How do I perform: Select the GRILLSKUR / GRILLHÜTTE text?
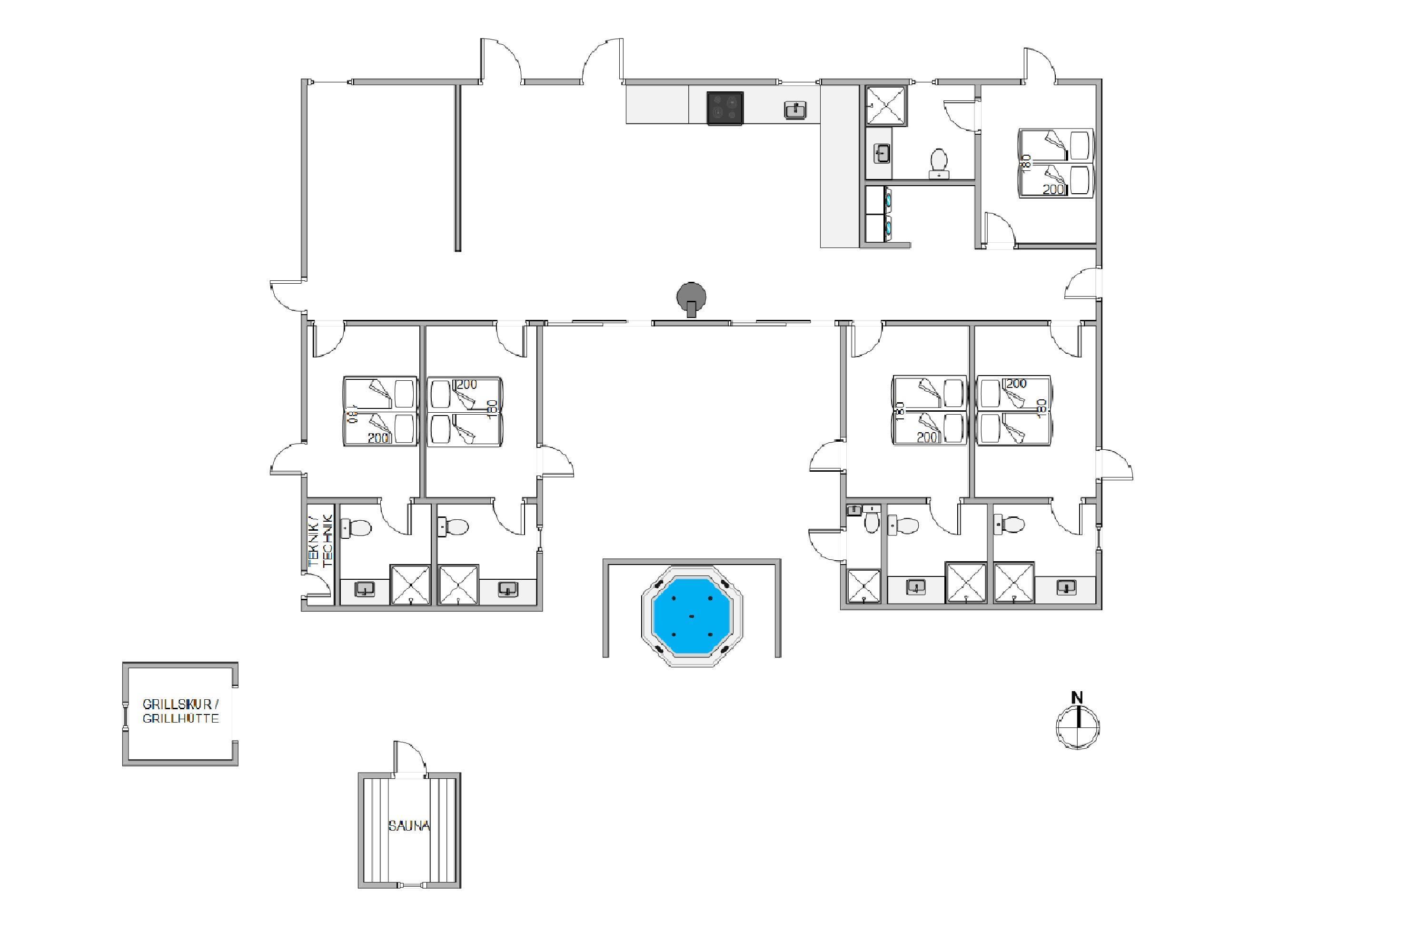pyautogui.click(x=180, y=711)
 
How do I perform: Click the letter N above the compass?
pyautogui.click(x=1077, y=698)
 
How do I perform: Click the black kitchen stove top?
pyautogui.click(x=725, y=109)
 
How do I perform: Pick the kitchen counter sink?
pyautogui.click(x=795, y=110)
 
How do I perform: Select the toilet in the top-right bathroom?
pyautogui.click(x=939, y=162)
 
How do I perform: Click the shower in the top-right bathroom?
pyautogui.click(x=886, y=106)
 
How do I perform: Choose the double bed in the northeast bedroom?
pyautogui.click(x=1055, y=163)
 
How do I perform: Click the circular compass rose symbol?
pyautogui.click(x=1078, y=726)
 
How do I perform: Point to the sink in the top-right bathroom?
pyautogui.click(x=882, y=154)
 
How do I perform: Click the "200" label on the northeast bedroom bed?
pyautogui.click(x=1053, y=189)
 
